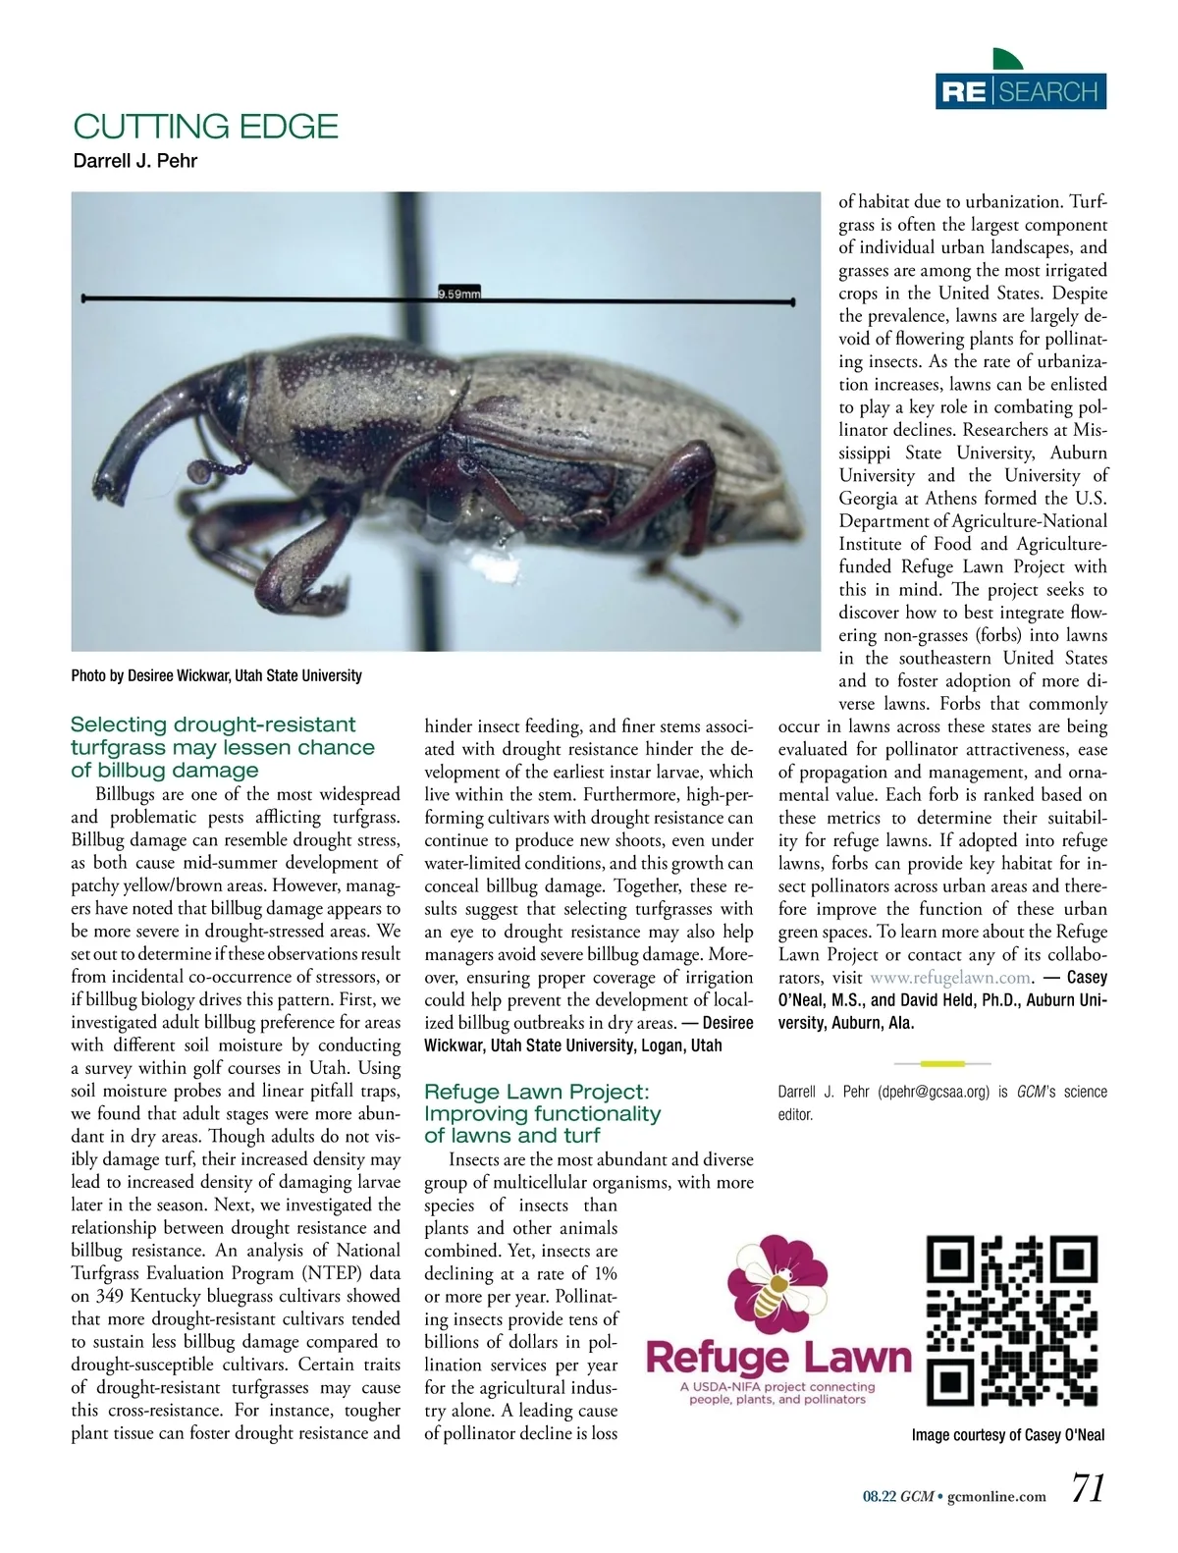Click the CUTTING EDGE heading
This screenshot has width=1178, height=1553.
click(205, 127)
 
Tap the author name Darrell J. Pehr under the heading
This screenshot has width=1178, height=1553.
click(135, 161)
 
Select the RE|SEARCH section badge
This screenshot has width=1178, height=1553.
click(1021, 91)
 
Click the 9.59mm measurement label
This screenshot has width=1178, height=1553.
click(458, 294)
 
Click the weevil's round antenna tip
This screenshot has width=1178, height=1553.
click(201, 474)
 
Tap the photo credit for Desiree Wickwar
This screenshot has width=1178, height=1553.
click(216, 675)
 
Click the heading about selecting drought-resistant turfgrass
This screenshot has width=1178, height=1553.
click(222, 747)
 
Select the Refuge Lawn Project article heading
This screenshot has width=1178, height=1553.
click(542, 1113)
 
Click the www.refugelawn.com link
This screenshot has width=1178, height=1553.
click(949, 978)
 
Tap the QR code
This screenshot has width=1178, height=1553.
click(1012, 1320)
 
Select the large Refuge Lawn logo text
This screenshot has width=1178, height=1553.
click(777, 1358)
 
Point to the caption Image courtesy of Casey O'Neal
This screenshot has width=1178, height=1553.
click(1007, 1435)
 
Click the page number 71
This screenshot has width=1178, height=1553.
click(1088, 1489)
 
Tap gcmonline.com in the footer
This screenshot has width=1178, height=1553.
click(997, 1496)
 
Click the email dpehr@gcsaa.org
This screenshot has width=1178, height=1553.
click(933, 1092)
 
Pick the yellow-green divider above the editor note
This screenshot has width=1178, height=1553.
click(942, 1063)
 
